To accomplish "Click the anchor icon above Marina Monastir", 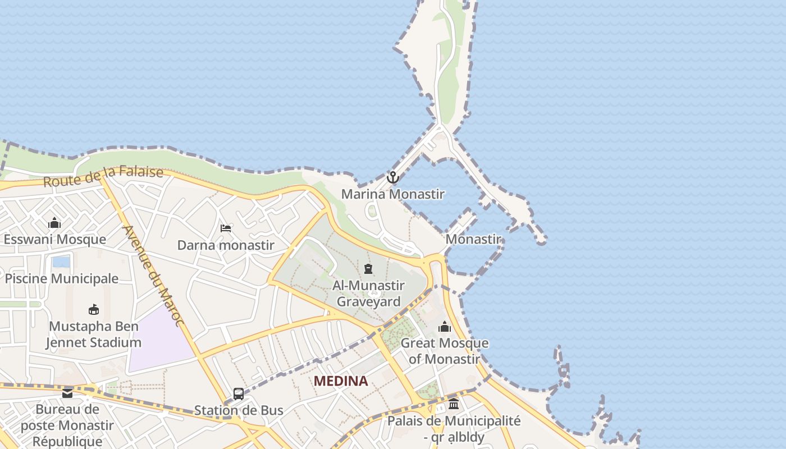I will click(393, 178).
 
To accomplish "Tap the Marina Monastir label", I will click(393, 194).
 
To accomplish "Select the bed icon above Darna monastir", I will click(226, 228).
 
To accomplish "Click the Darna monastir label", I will click(226, 245).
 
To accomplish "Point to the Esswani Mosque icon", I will click(54, 223).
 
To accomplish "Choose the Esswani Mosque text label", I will click(54, 239).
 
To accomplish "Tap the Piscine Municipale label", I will click(62, 278).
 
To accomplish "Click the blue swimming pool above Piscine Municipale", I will click(61, 262).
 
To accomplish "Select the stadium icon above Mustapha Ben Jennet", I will click(94, 309).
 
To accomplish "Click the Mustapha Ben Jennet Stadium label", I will click(94, 335).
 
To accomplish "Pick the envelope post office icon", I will click(67, 393).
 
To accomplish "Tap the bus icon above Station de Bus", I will click(239, 394).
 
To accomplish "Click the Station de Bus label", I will click(239, 410).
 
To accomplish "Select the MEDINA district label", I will click(341, 381).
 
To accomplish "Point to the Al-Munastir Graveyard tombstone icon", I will click(368, 269).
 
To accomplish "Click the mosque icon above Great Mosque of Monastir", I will click(445, 327).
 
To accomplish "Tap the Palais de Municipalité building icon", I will click(454, 404).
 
